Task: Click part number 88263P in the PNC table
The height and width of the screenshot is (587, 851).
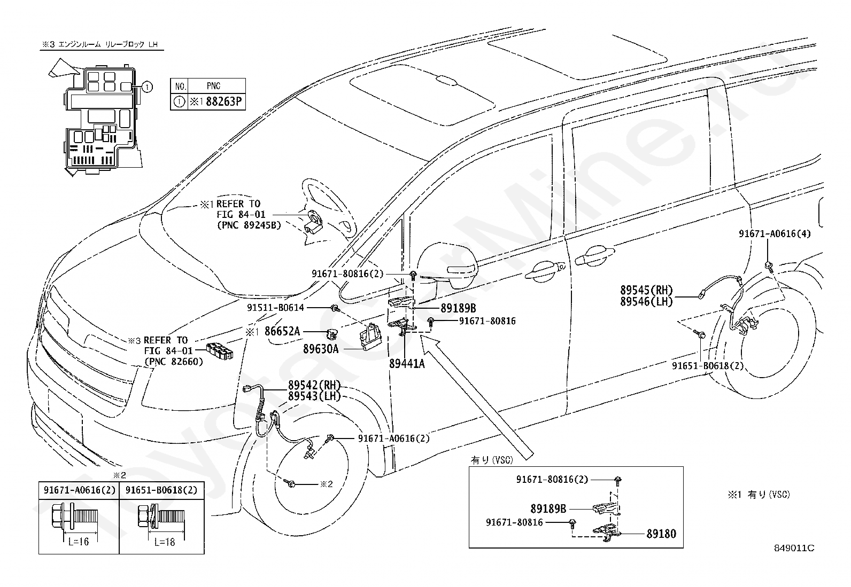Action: coord(224,102)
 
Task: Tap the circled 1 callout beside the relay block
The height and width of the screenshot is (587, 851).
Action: coord(147,87)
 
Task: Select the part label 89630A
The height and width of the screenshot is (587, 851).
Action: coord(321,349)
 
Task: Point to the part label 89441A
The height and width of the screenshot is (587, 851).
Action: coord(407,363)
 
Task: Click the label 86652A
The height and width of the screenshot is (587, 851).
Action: coord(282,331)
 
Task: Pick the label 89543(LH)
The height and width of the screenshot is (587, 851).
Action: coord(314,396)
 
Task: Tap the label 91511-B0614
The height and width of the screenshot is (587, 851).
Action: coord(275,308)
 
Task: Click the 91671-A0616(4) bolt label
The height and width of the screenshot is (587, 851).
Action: coord(775,233)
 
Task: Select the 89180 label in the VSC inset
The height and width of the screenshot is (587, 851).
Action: coord(661,534)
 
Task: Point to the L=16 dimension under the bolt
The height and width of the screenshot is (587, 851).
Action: coord(79,542)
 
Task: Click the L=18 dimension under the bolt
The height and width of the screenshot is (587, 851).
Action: coord(165,542)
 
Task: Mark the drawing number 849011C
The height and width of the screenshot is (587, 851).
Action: coord(794,548)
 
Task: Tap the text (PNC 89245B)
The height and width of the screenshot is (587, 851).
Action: coord(249,225)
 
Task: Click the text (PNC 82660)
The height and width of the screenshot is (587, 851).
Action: coord(174,362)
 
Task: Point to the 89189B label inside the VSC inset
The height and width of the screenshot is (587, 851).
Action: coord(548,508)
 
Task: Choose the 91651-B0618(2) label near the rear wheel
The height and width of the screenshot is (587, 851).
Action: coord(708,366)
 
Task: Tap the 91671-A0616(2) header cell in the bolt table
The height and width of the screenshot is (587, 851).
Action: coord(80,490)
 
